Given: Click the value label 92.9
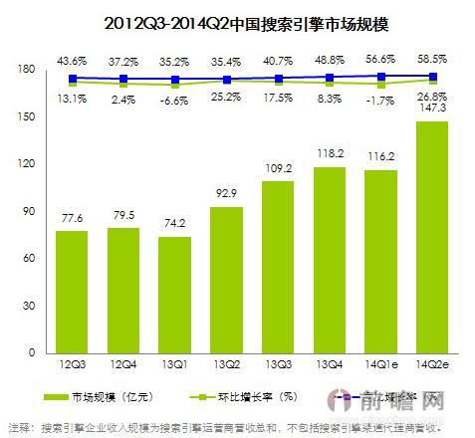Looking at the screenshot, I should [x=227, y=194].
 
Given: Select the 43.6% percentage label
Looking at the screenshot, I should [x=73, y=59].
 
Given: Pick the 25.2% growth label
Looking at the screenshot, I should [x=227, y=99].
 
